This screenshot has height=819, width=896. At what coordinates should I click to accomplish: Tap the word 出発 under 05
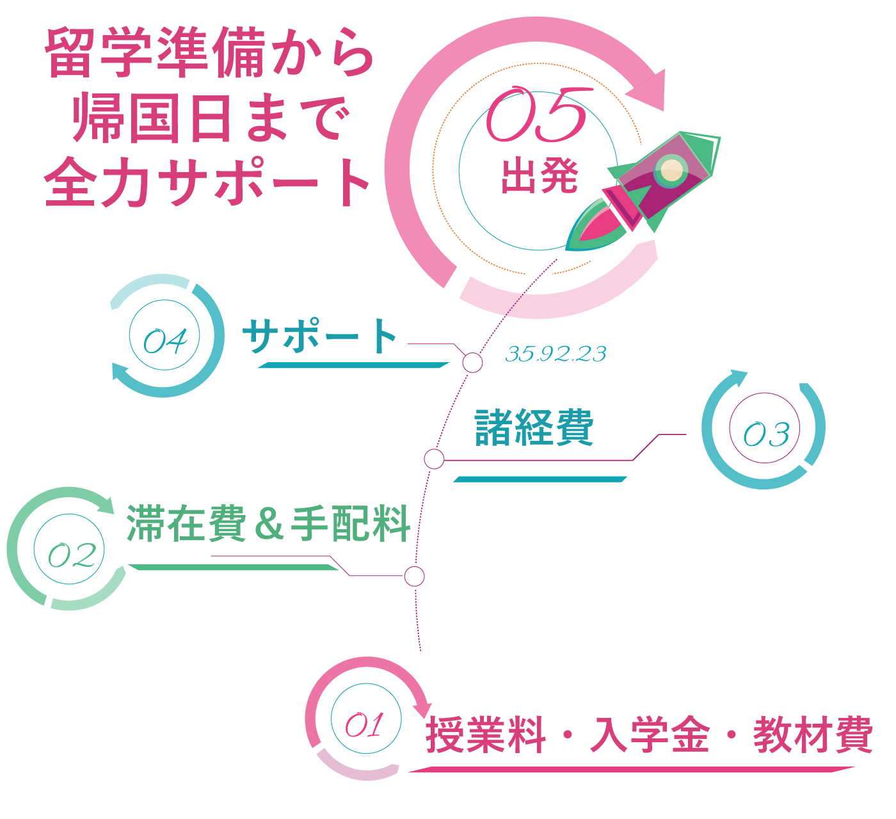(539, 176)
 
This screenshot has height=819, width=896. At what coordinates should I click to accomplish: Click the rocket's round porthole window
(671, 170)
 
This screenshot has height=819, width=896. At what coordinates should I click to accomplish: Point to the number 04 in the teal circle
(165, 341)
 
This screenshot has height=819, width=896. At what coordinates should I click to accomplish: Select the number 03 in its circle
(765, 434)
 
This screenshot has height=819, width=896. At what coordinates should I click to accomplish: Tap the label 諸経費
(534, 427)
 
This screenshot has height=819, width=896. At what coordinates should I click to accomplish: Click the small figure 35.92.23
(556, 354)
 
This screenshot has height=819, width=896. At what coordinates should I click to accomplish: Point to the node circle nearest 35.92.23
(472, 363)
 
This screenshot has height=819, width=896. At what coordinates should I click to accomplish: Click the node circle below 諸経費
(434, 459)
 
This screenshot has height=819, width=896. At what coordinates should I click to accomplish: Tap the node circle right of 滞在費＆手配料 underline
(414, 576)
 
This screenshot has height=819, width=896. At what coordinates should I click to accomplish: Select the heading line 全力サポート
(208, 182)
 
